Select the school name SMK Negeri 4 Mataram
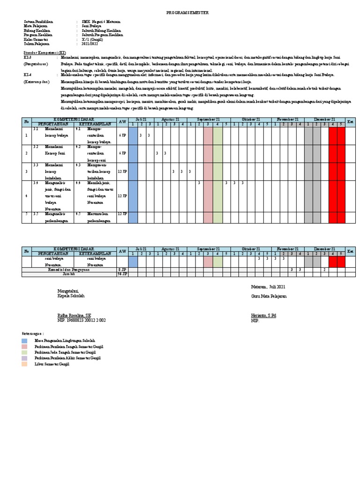pyautogui.click(x=100, y=22)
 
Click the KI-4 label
pyautogui.click(x=27, y=75)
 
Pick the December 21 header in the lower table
pyautogui.click(x=324, y=249)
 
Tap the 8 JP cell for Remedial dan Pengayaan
pyautogui.click(x=122, y=270)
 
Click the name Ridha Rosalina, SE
pyautogui.click(x=74, y=316)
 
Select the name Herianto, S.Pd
pyautogui.click(x=263, y=316)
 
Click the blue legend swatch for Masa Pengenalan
pyautogui.click(x=24, y=340)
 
